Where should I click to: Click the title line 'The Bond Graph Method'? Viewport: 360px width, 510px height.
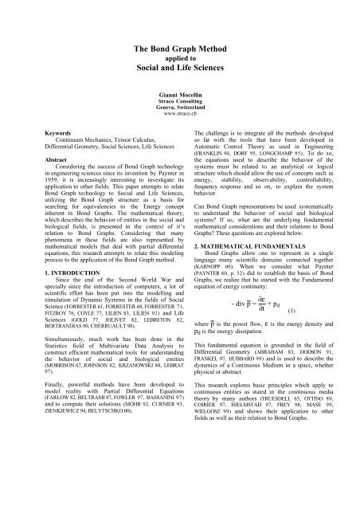pos(180,51)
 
